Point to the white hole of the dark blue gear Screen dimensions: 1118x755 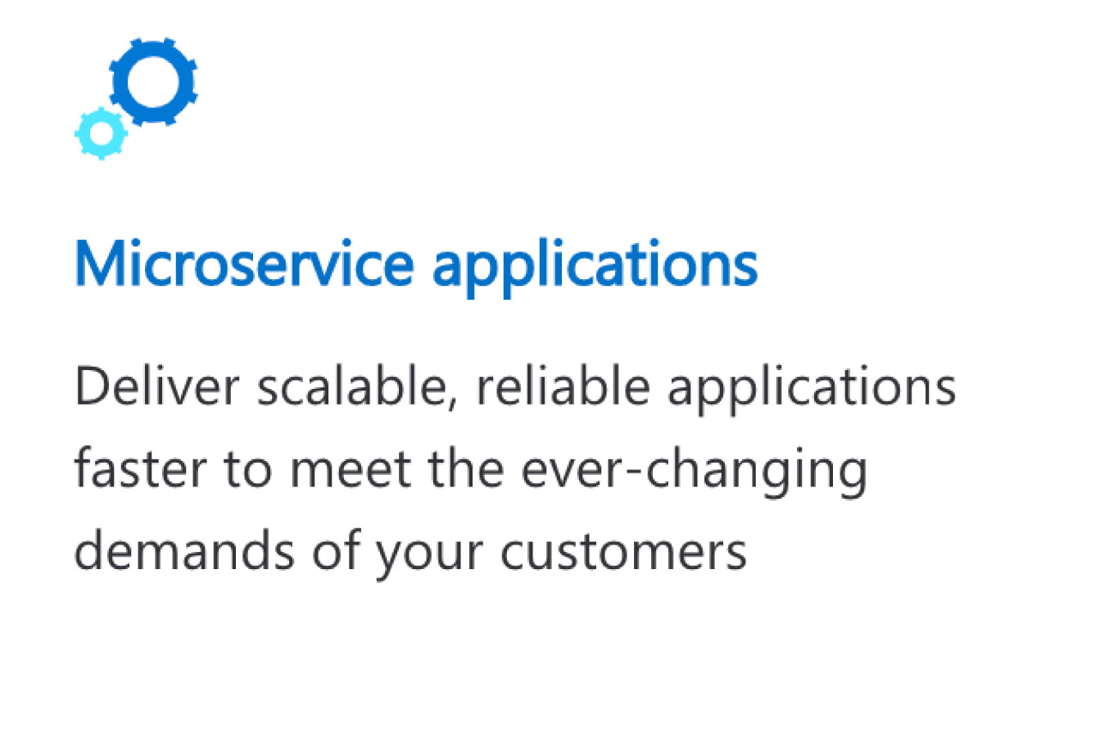coord(153,82)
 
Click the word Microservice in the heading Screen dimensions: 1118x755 coord(245,263)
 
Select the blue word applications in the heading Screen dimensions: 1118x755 coord(595,269)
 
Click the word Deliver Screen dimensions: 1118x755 coord(157,386)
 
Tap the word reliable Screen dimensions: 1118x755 coord(564,386)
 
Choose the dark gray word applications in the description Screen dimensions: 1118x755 coord(812,391)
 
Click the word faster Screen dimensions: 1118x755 coord(141,468)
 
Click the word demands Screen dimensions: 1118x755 coord(184,550)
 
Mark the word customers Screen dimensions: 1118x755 coord(623,553)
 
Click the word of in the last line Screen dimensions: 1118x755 coord(337,549)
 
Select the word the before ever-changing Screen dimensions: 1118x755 coord(465,468)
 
